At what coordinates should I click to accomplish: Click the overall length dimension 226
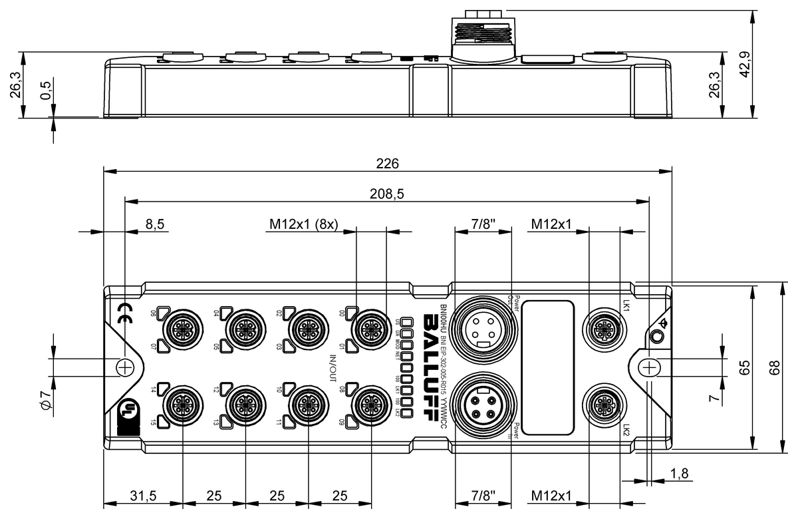pos(388,163)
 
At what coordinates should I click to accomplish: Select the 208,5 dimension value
pos(388,194)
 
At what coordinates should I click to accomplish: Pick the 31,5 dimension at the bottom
pos(142,496)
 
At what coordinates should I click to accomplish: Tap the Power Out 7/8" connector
pos(480,327)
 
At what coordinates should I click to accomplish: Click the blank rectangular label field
pos(547,367)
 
